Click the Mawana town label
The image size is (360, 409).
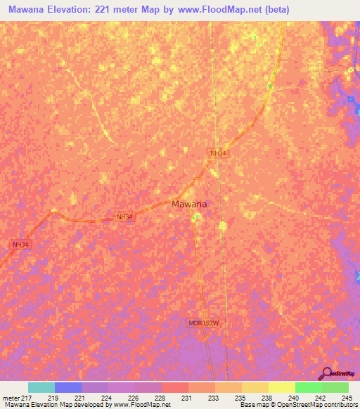click(189, 204)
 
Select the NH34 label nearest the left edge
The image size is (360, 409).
click(21, 245)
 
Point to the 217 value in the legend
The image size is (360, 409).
click(26, 398)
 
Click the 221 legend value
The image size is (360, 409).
click(82, 398)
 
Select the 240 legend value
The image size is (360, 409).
click(295, 398)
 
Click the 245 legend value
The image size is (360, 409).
click(347, 398)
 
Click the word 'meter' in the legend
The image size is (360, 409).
click(10, 398)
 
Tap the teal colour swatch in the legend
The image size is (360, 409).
click(41, 387)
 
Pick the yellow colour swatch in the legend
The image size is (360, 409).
click(281, 387)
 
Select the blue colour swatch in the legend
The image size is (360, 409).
click(68, 387)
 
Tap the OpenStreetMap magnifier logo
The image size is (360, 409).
click(326, 374)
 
